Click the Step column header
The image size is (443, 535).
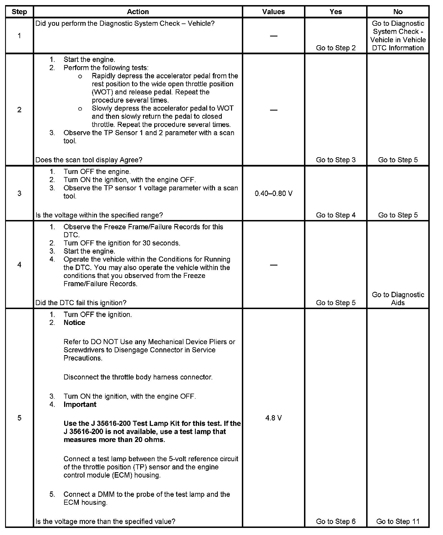coord(19,12)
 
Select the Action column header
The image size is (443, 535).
coord(138,12)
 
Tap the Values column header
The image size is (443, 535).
coord(273,12)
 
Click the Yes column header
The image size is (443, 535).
coord(336,12)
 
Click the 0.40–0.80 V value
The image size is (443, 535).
coord(273,193)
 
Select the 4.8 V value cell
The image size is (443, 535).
coord(273,418)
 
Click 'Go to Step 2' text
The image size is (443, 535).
coord(336,48)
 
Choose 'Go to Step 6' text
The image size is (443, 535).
coord(336,521)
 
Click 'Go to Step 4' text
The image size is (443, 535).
coord(336,215)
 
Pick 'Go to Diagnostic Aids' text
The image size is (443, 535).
coord(398,299)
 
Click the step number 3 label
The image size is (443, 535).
coord(19,193)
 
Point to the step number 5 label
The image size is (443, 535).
coord(19,418)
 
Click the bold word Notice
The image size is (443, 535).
coord(74,323)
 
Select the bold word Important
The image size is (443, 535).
coord(80,404)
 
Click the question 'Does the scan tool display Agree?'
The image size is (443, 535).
coord(89,160)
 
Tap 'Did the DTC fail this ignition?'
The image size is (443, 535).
coord(81,303)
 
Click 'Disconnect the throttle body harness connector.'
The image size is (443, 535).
coord(138,377)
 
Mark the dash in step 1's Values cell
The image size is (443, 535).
coord(273,36)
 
